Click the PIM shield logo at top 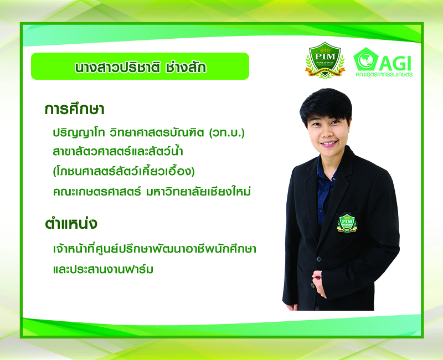click(325, 60)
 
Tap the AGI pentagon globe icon click(366, 59)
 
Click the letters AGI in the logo click(395, 63)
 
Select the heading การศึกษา click(74, 109)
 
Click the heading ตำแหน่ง click(71, 223)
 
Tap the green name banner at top click(140, 66)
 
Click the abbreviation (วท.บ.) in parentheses click(227, 132)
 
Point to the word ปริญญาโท click(78, 133)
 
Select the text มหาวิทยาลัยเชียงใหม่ click(198, 192)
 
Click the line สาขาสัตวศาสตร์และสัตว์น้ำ click(118, 151)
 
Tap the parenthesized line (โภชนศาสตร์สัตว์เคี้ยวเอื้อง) click(123, 171)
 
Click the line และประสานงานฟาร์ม click(103, 269)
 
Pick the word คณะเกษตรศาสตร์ click(96, 192)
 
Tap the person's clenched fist click(319, 283)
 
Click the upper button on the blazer click(319, 259)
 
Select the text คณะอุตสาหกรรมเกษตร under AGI click(384, 75)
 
